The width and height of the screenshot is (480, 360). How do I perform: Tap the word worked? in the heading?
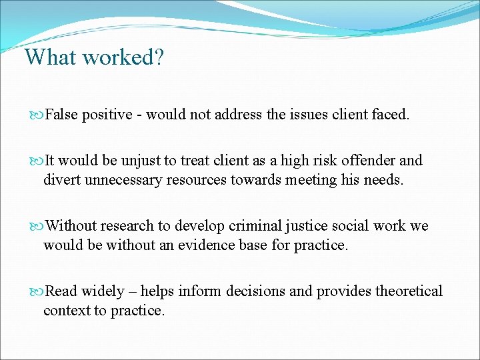[x=123, y=57]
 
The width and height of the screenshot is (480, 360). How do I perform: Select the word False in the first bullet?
[x=63, y=115]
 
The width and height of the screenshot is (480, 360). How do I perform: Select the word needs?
[x=382, y=179]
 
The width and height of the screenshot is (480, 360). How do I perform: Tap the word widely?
[x=102, y=291]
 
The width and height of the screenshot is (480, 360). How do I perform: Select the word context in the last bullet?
[x=65, y=310]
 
